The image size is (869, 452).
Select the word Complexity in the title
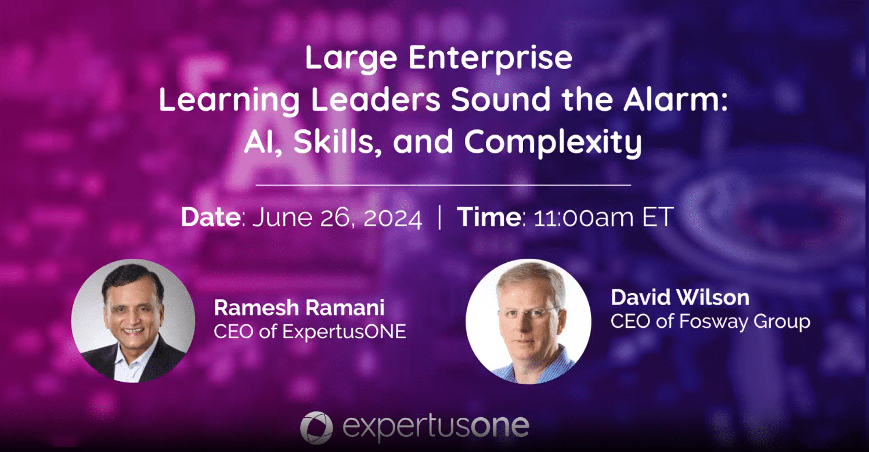click(553, 143)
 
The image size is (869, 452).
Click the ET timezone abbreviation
click(658, 217)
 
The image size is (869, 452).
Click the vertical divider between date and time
click(439, 217)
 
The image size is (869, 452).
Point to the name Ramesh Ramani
click(299, 308)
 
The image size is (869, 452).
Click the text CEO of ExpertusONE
click(309, 332)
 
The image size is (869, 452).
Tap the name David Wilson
click(680, 298)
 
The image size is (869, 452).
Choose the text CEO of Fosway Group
click(711, 322)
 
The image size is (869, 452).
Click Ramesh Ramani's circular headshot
click(133, 321)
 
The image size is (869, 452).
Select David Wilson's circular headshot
click(528, 321)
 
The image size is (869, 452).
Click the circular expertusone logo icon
click(316, 428)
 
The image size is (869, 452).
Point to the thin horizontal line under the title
click(443, 185)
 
